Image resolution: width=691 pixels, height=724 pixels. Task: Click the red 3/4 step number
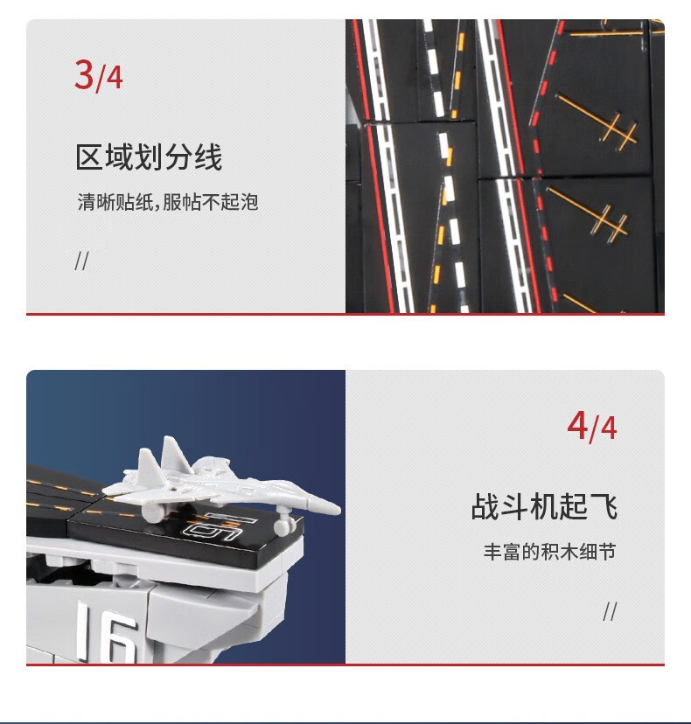point(98,75)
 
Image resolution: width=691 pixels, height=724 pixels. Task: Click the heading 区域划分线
point(149,157)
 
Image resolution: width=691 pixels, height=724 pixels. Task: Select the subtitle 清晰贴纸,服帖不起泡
point(168,202)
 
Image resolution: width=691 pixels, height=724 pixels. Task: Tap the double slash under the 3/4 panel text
point(81,261)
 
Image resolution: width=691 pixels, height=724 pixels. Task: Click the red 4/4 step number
point(591,427)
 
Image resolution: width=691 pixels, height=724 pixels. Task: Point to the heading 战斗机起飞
point(544,506)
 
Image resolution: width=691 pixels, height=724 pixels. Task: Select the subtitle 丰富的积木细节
point(549,552)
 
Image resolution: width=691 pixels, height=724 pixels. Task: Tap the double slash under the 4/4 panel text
point(610,612)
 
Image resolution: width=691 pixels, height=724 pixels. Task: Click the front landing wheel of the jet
point(283,527)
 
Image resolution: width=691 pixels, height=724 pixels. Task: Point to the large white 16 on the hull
point(108,632)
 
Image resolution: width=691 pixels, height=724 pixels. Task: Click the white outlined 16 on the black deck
point(217,528)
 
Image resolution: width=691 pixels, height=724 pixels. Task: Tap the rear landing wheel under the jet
point(153,513)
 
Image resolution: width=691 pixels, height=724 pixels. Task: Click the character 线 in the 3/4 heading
point(208,157)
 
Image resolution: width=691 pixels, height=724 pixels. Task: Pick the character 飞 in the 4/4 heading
point(604,506)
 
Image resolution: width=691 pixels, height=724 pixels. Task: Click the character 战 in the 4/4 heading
point(485,506)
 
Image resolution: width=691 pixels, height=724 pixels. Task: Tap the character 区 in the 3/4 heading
point(89,157)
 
